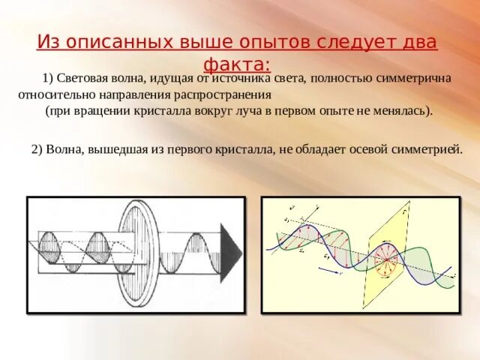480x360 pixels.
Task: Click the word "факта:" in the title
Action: pyautogui.click(x=239, y=64)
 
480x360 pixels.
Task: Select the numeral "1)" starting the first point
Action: pyautogui.click(x=50, y=79)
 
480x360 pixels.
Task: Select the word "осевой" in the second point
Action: pyautogui.click(x=373, y=149)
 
